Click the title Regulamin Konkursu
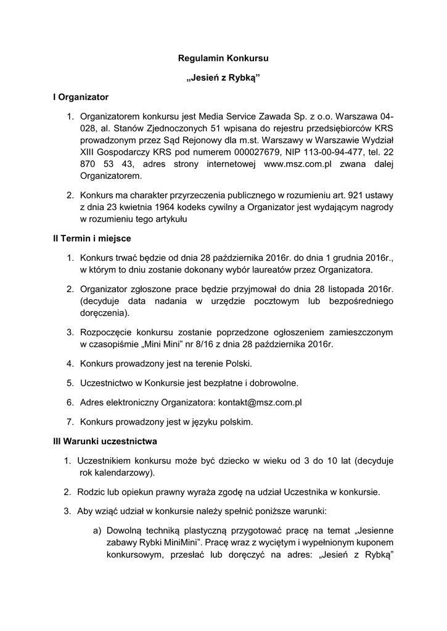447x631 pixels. (x=223, y=59)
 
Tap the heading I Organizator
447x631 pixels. (x=80, y=97)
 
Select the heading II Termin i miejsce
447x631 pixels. (x=91, y=238)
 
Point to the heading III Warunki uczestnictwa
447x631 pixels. (x=105, y=441)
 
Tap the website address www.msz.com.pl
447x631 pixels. (x=298, y=164)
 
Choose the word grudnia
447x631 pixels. (x=343, y=258)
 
